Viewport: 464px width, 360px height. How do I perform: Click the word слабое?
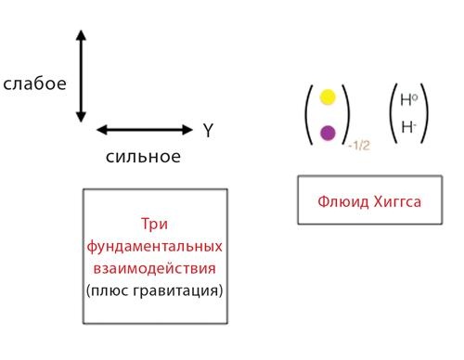click(x=35, y=84)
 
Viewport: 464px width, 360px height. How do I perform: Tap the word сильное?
click(x=143, y=155)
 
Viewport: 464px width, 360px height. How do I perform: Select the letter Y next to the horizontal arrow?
click(x=208, y=131)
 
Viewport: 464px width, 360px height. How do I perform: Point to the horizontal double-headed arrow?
click(x=142, y=130)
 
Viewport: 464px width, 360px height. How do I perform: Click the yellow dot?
click(x=328, y=96)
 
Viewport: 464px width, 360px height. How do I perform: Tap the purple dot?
click(x=328, y=133)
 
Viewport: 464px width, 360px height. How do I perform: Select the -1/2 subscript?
click(x=358, y=147)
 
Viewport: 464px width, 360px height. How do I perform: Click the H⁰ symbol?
click(x=407, y=100)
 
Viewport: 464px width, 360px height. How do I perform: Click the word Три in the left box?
click(x=153, y=225)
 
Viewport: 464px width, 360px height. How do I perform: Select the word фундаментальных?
click(x=154, y=247)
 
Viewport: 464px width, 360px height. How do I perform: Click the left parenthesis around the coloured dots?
click(x=310, y=114)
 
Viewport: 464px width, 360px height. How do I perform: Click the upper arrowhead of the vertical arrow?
click(x=82, y=36)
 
